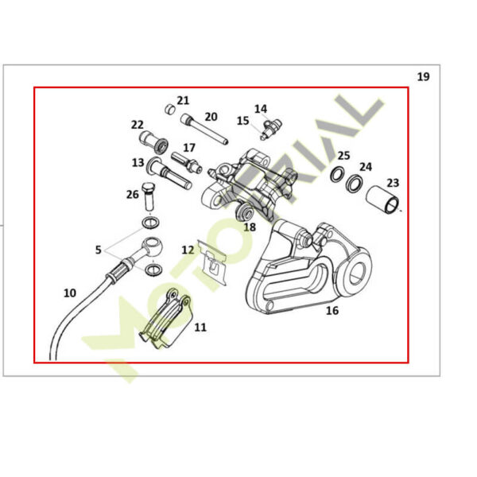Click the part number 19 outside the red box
(423, 76)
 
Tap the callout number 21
(183, 100)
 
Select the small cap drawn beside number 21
(170, 109)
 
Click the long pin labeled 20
(204, 129)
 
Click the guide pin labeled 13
(169, 173)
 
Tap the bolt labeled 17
(187, 162)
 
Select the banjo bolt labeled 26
(149, 196)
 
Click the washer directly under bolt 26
(150, 223)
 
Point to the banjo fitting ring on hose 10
(153, 246)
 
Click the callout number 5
(98, 250)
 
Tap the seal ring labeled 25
(337, 175)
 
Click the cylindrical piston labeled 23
(382, 200)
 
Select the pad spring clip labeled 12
(212, 262)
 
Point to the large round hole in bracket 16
(358, 273)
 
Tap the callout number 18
(250, 227)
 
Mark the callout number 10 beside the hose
(70, 293)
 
